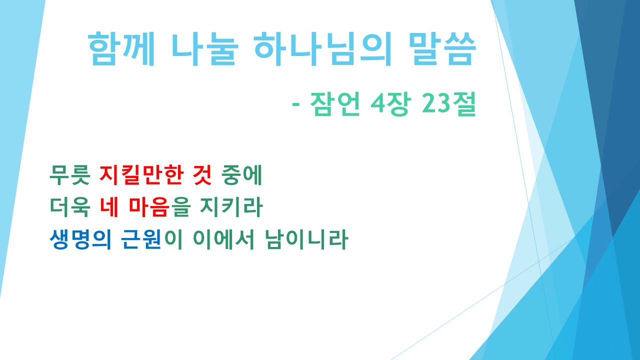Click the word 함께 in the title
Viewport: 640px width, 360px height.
[120, 50]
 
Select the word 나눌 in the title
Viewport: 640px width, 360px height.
[202, 50]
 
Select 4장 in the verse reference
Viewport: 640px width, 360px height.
[389, 105]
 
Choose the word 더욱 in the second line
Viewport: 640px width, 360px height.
[70, 208]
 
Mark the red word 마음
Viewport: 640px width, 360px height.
[148, 208]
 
